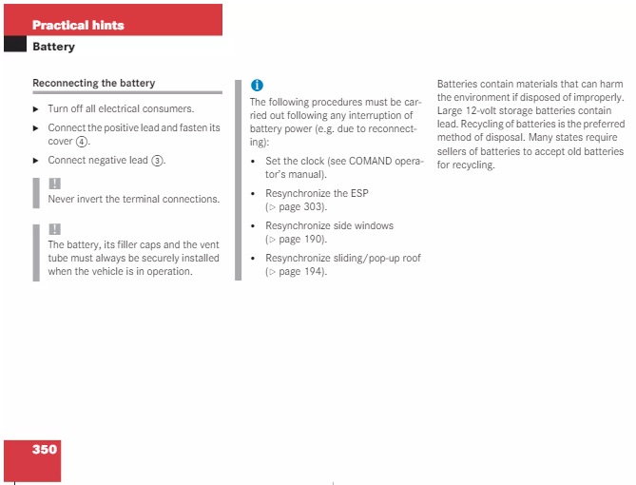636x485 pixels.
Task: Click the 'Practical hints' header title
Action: tap(78, 25)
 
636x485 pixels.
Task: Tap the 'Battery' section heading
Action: tap(53, 47)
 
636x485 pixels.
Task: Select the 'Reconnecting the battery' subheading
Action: tap(94, 83)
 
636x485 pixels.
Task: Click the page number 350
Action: tap(45, 449)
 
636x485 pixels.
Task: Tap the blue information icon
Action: tap(258, 86)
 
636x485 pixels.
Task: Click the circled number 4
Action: tap(82, 142)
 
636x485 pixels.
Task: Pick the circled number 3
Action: tap(157, 161)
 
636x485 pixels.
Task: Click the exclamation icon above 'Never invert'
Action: tap(55, 184)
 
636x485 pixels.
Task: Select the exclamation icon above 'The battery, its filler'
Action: tap(55, 229)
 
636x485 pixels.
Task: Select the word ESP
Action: tap(359, 193)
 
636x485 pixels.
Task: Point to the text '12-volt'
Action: tap(481, 111)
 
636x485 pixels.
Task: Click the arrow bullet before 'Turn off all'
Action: tap(36, 109)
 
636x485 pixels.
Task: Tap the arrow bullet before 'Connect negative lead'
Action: tap(36, 161)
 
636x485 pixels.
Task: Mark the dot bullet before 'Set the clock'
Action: tap(253, 162)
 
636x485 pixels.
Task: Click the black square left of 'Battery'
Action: tap(15, 44)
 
